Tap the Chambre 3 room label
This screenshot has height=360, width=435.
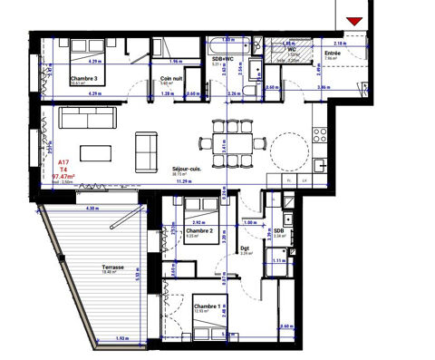85,78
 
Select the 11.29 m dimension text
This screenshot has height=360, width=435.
193,180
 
